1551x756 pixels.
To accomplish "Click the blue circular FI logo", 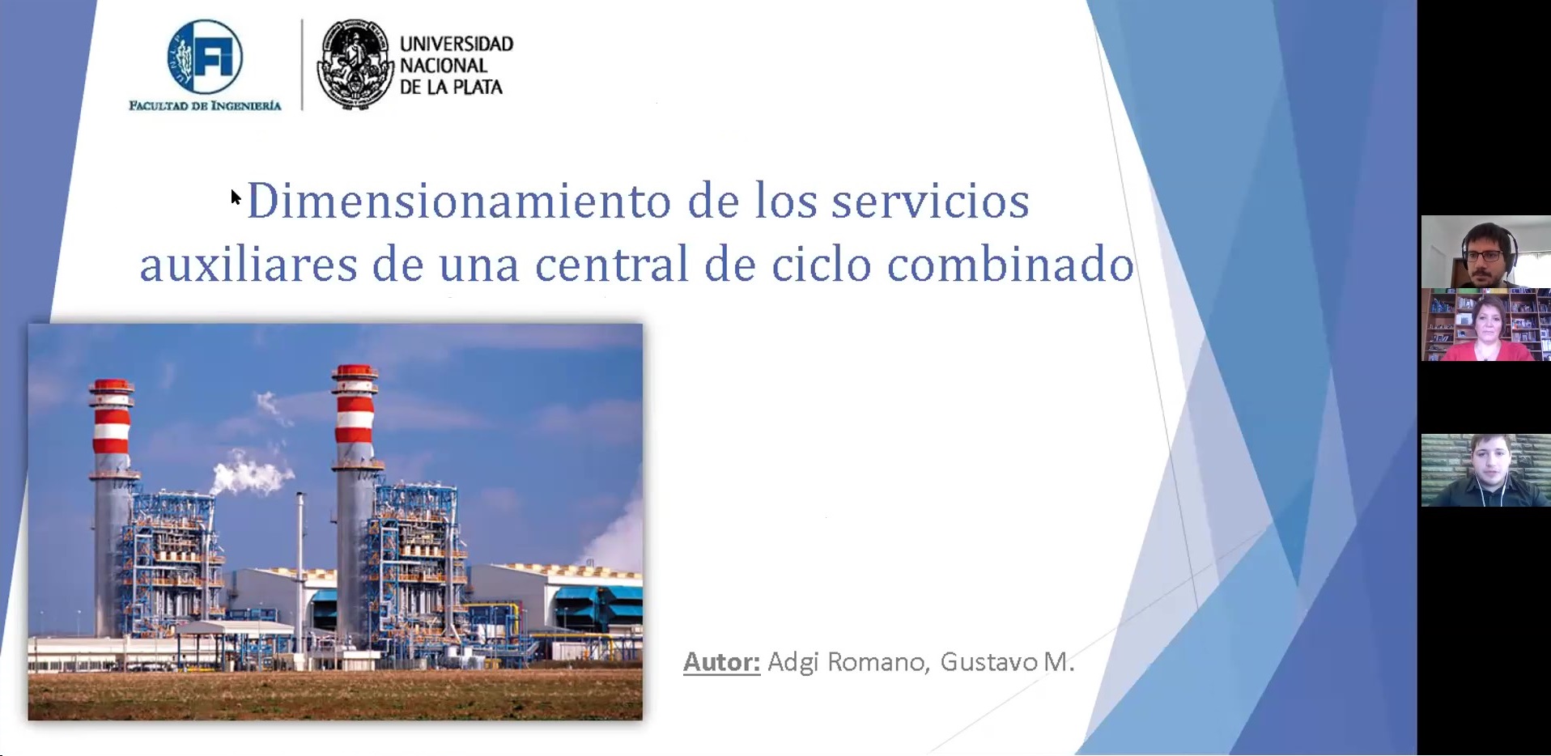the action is click(205, 56).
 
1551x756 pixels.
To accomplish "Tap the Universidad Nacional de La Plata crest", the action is click(354, 65).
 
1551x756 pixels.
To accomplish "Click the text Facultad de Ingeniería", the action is click(205, 105).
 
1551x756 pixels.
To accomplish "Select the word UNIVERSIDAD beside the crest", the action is click(457, 44).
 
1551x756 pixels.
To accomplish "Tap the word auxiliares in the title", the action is click(249, 264).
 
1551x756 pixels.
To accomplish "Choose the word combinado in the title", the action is click(1010, 264).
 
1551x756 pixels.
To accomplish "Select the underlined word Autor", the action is click(721, 662).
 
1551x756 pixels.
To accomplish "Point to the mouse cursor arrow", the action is click(235, 197).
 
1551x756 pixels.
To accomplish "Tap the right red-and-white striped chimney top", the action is click(355, 405).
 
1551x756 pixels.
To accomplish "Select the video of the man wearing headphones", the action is click(1485, 251).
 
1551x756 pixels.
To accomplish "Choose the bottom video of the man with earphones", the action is click(1485, 470).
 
